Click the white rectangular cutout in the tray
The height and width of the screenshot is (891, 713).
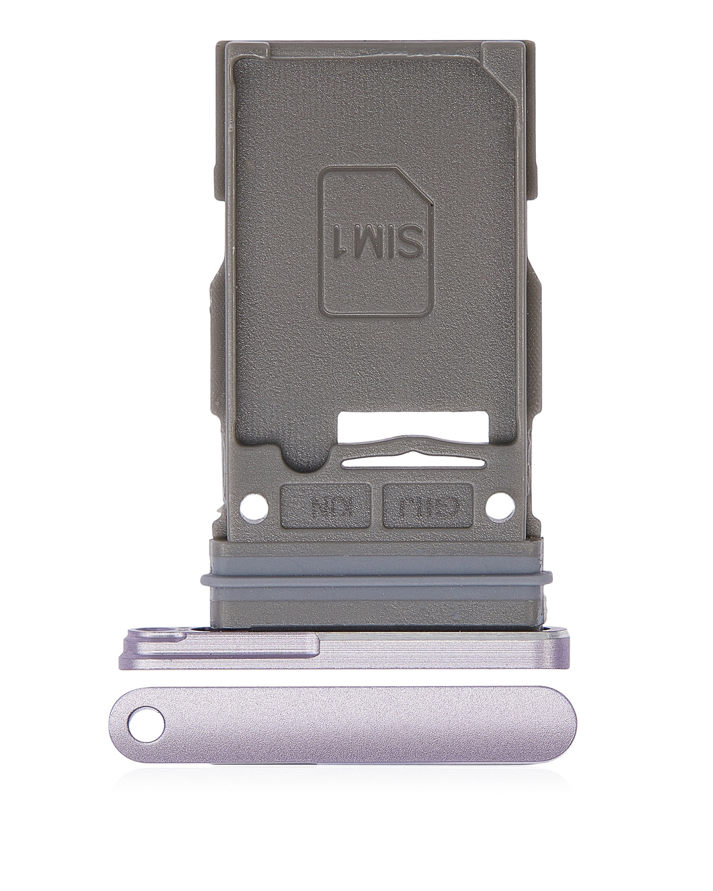click(x=413, y=426)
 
